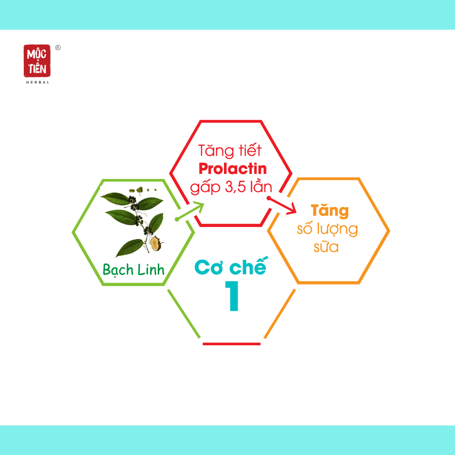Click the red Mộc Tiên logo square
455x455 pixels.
coord(37,61)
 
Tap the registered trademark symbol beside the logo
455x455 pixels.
coord(58,48)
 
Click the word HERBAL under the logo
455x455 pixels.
coord(38,82)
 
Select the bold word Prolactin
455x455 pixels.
coord(233,168)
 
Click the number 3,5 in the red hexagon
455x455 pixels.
coord(237,187)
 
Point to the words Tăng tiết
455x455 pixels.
coord(230,151)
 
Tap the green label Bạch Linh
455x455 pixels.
coord(133,270)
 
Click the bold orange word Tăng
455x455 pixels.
coord(330,211)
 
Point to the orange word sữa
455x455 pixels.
coord(326,247)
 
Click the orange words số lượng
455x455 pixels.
coord(327,229)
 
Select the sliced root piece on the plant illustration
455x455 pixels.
coord(156,243)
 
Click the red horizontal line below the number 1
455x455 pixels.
coord(232,344)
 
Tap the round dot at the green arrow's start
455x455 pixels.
coord(177,219)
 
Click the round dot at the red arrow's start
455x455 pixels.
coord(269,198)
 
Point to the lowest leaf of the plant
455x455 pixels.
coord(129,248)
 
